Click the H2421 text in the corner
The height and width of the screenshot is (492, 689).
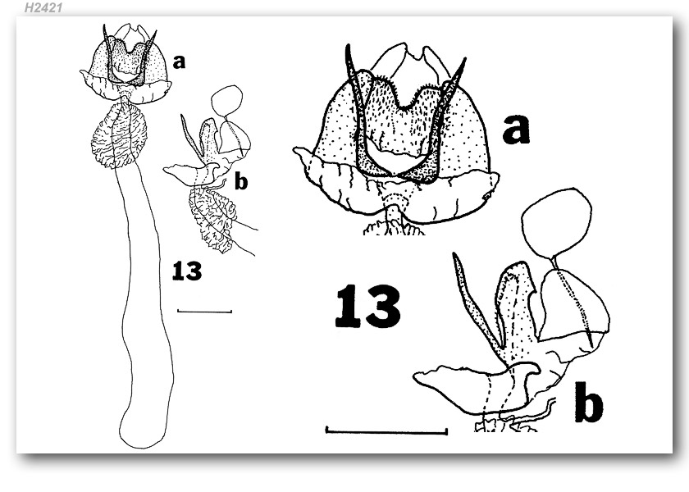(x=43, y=7)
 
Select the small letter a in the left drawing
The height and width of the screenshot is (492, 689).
(x=179, y=62)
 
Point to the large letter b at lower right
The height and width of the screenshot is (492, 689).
(x=588, y=401)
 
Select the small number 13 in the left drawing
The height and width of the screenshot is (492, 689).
(x=187, y=271)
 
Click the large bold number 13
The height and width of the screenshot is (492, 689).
(x=367, y=306)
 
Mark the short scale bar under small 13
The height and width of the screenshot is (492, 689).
(x=204, y=312)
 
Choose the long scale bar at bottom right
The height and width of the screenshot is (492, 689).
(x=386, y=431)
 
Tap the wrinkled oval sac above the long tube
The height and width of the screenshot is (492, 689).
(x=119, y=134)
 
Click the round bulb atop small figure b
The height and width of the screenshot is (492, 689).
(x=226, y=100)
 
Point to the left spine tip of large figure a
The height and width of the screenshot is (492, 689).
(x=348, y=46)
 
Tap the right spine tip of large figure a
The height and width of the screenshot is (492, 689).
(x=464, y=59)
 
